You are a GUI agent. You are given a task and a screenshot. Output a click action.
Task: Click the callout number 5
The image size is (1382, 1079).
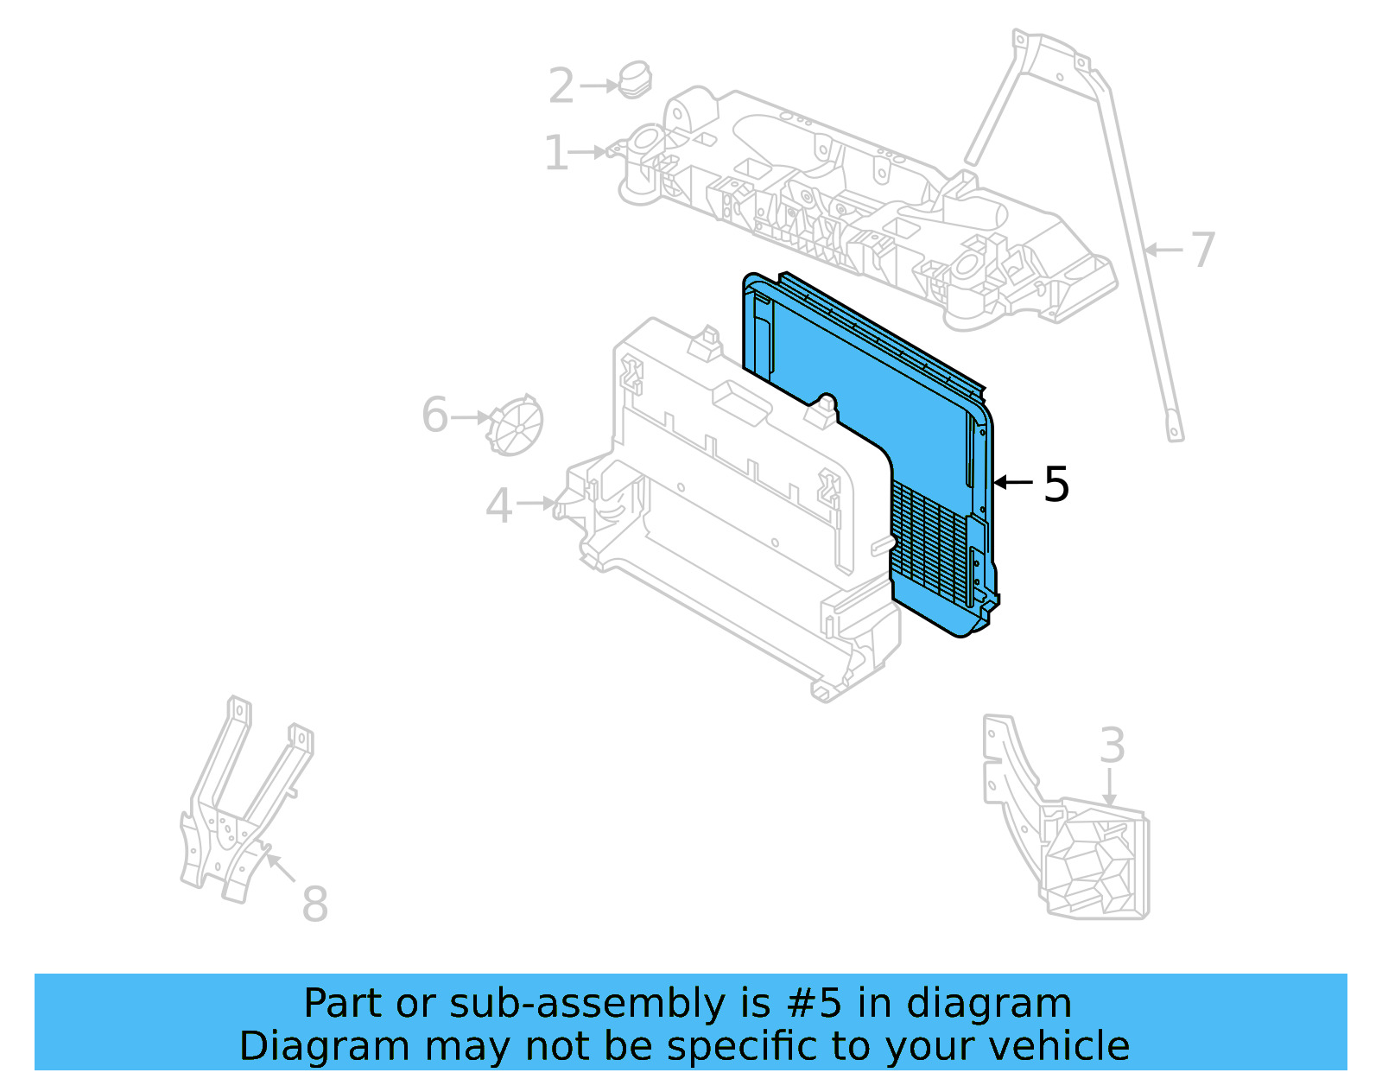click(x=1056, y=485)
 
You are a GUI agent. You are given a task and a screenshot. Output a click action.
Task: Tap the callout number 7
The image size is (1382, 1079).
click(x=1202, y=250)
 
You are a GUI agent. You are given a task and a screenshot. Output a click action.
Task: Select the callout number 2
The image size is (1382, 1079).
click(x=561, y=86)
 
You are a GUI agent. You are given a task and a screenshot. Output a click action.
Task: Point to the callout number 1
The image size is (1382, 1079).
click(x=555, y=153)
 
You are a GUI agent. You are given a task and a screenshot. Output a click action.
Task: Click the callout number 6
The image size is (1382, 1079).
click(x=434, y=415)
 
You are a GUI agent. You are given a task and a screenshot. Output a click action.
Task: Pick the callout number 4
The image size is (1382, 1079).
click(x=498, y=505)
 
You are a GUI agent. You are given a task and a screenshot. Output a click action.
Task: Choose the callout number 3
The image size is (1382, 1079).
click(x=1112, y=746)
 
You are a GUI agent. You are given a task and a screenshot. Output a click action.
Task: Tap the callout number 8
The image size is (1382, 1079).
click(x=314, y=904)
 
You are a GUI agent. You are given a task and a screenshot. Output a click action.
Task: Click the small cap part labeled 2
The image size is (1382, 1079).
click(x=635, y=80)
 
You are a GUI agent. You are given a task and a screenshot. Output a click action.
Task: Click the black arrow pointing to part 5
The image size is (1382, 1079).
click(x=1013, y=482)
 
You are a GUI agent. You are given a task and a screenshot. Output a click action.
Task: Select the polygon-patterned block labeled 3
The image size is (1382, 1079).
click(x=1096, y=864)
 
